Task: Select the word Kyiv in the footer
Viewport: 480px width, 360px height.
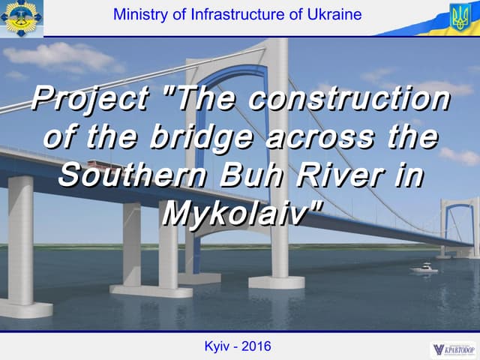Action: point(219,346)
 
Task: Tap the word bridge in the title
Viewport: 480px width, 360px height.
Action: point(194,139)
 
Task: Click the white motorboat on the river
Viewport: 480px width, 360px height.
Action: point(424,268)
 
